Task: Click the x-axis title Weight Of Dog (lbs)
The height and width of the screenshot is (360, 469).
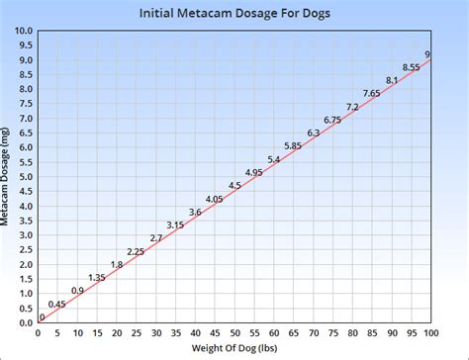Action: pos(234,350)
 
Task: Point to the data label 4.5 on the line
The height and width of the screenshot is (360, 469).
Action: pos(234,185)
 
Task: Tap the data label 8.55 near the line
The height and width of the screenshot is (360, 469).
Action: pos(411,67)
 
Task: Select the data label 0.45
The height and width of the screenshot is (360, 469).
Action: pos(57,304)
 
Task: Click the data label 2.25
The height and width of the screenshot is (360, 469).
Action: pos(136,251)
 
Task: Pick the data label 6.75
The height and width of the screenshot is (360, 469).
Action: pos(332,120)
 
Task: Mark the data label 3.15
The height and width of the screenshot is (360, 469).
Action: pos(175,225)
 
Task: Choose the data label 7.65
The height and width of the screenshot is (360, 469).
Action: pos(371,93)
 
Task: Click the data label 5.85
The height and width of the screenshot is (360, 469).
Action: pos(293,145)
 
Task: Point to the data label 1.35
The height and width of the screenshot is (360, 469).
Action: pos(97,277)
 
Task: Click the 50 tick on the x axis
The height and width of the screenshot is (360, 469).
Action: pos(234,332)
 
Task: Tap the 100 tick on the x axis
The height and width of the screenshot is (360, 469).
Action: pos(429,332)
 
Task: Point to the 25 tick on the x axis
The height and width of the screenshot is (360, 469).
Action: pos(137,332)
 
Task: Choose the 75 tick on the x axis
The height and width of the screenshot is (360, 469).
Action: pos(332,332)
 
